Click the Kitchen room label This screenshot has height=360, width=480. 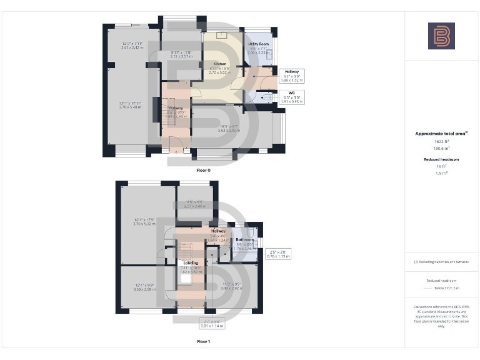pyautogui.click(x=219, y=64)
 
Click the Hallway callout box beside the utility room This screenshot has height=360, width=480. pyautogui.click(x=292, y=76)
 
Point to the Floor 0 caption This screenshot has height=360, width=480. pyautogui.click(x=204, y=170)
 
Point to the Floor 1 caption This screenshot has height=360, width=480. pyautogui.click(x=204, y=342)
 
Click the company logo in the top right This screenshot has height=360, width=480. pyautogui.click(x=441, y=36)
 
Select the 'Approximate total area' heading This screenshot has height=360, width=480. pyautogui.click(x=441, y=134)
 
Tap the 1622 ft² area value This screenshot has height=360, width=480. pyautogui.click(x=441, y=142)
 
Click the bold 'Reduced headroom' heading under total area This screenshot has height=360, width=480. pyautogui.click(x=441, y=159)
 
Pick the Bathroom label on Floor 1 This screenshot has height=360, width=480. pyautogui.click(x=244, y=240)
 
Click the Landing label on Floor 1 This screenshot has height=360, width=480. pyautogui.click(x=191, y=263)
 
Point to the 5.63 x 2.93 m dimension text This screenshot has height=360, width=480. pyautogui.click(x=228, y=130)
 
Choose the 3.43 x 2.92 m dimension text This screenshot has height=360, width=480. pyautogui.click(x=232, y=288)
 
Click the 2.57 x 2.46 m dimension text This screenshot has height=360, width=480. pyautogui.click(x=196, y=204)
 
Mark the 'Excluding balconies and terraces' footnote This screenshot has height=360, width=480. pyautogui.click(x=441, y=261)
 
